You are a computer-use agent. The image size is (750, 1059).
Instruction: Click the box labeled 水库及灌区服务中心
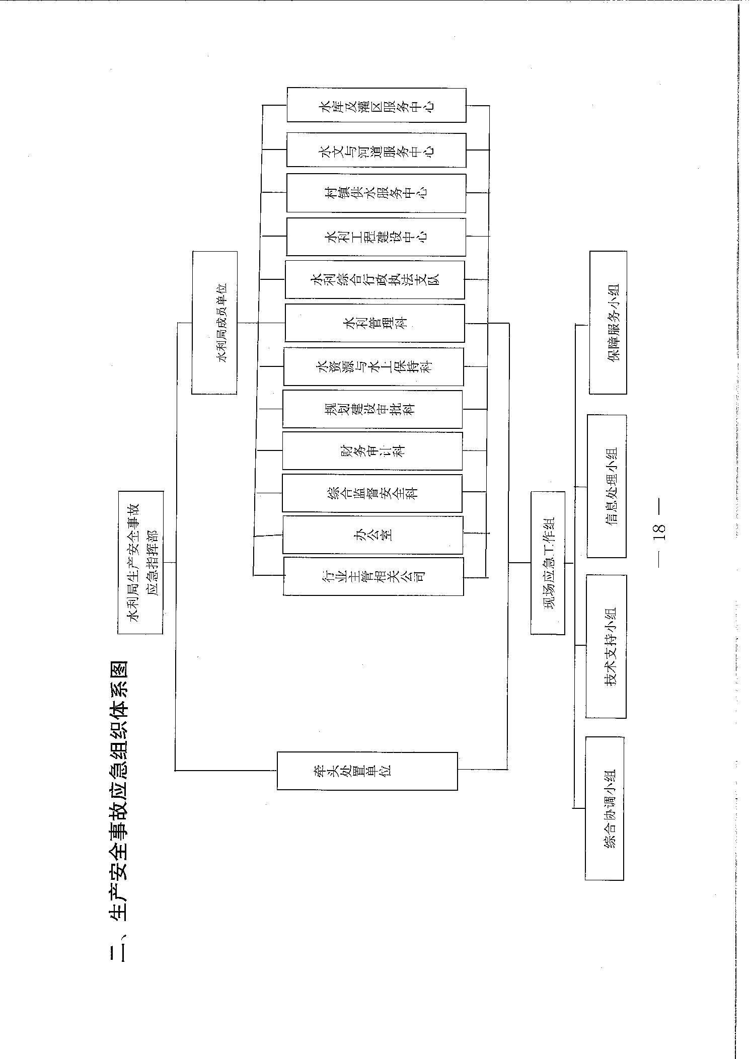click(x=377, y=105)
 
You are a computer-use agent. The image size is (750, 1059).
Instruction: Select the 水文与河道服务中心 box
click(x=377, y=150)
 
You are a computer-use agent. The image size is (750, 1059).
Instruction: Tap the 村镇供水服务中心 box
click(x=377, y=193)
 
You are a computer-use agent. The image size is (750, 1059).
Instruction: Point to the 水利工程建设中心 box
click(x=377, y=237)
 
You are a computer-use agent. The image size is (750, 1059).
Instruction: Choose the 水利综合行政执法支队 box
click(x=375, y=279)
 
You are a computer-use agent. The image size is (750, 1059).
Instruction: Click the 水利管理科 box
click(x=375, y=323)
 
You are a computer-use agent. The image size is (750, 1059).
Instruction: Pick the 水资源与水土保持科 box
click(x=374, y=366)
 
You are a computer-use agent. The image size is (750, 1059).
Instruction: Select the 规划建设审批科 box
click(x=373, y=409)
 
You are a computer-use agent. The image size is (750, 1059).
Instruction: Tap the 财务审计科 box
click(x=372, y=451)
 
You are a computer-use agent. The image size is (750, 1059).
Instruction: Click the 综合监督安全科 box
click(x=372, y=493)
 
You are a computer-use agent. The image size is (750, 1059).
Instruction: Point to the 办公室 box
click(x=373, y=535)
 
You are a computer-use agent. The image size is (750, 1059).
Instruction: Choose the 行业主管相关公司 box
click(x=373, y=576)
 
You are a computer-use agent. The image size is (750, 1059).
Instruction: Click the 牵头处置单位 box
click(x=367, y=771)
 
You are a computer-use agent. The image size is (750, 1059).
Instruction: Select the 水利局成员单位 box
click(x=214, y=323)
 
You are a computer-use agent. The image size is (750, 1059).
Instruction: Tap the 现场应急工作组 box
click(x=548, y=563)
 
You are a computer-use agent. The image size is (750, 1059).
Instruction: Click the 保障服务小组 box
click(x=608, y=323)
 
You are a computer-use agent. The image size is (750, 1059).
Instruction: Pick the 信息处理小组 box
click(x=607, y=486)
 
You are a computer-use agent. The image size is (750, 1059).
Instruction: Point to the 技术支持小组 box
click(x=607, y=646)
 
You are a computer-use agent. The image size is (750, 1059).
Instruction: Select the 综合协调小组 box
click(x=605, y=808)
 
